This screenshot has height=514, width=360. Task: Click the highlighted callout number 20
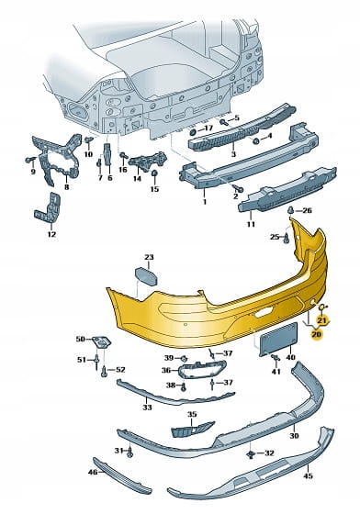317,334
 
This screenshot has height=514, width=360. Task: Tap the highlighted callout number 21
322,319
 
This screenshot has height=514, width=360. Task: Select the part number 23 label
149,257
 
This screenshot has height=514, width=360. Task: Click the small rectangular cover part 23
146,276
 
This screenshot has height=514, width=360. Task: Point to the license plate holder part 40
278,339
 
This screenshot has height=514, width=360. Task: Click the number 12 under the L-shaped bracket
51,234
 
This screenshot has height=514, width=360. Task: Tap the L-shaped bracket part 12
48,208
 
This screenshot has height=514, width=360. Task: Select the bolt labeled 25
286,238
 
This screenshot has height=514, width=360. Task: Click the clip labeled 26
291,209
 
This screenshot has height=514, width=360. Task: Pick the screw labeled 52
104,371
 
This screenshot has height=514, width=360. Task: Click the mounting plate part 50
102,341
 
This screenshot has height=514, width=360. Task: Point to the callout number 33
147,408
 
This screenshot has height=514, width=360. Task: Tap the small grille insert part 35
192,430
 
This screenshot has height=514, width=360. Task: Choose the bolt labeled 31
130,452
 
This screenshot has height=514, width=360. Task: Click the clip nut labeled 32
251,453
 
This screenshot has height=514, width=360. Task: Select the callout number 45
309,475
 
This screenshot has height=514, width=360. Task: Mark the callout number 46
93,472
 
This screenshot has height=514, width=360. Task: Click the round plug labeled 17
193,132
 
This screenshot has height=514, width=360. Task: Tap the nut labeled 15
154,173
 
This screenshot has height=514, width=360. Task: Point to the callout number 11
251,224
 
